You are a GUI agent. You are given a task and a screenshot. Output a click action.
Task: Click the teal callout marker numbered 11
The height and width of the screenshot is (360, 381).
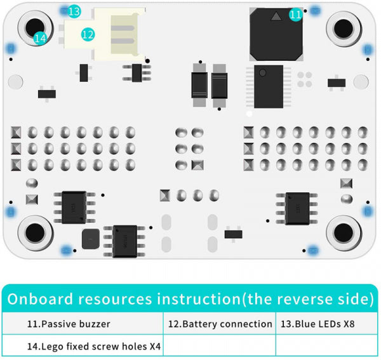295,15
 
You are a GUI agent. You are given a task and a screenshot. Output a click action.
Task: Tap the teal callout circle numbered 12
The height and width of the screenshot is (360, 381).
88,35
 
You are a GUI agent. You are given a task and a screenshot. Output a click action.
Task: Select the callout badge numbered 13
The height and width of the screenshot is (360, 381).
74,11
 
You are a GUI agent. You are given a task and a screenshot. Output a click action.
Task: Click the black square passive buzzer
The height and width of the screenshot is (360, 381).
276,34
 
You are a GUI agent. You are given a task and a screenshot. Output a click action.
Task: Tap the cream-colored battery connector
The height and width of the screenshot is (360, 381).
118,32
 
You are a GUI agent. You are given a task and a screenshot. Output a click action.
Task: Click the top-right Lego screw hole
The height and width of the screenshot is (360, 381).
344,29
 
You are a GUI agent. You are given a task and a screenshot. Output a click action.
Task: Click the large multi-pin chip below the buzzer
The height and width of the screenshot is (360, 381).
269,86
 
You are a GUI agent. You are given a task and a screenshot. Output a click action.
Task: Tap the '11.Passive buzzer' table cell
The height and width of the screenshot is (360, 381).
83,324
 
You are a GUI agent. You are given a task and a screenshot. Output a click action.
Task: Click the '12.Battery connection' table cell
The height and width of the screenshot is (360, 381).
220,324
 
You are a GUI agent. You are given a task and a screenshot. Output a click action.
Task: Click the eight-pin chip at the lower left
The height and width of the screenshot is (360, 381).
74,206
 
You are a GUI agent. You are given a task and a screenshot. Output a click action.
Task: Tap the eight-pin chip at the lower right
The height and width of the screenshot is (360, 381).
297,208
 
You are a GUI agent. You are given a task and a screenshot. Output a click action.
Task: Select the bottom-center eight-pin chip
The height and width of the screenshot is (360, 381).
125,239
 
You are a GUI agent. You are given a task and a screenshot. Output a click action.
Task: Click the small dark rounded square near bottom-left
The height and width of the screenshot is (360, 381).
90,239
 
